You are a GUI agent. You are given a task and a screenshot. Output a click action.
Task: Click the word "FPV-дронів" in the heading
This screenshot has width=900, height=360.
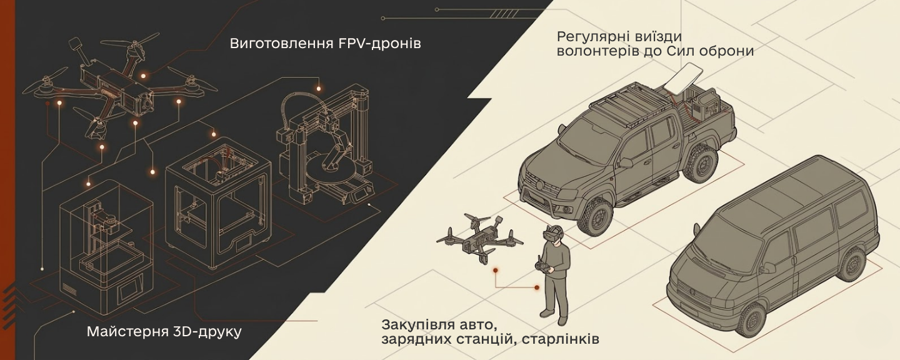tap(377, 43)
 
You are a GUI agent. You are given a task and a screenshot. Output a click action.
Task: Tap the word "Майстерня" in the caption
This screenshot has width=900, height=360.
tap(127, 332)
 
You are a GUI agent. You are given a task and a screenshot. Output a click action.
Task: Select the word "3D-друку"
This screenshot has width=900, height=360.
tap(207, 332)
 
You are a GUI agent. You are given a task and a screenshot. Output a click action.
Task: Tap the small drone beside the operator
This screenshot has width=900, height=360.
tap(480, 238)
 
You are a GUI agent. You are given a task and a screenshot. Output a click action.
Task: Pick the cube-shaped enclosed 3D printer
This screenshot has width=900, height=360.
tap(218, 203)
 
